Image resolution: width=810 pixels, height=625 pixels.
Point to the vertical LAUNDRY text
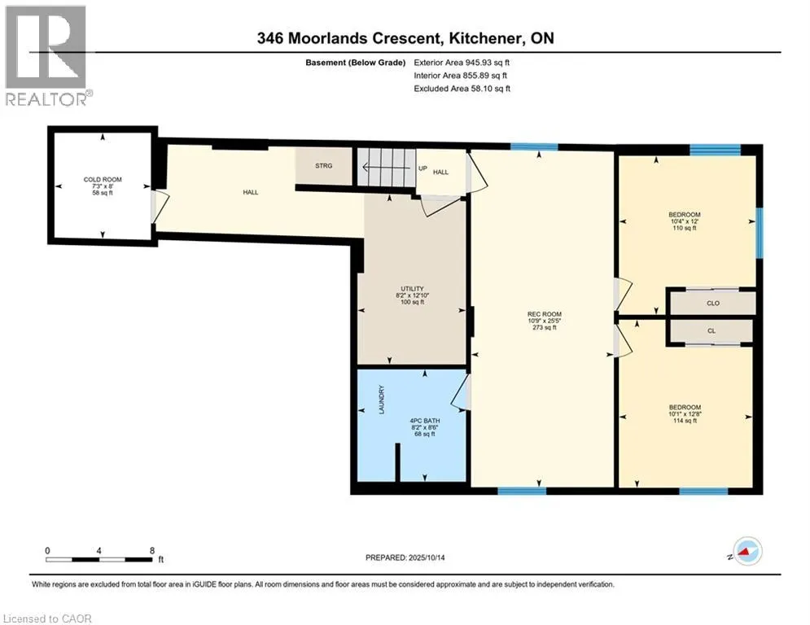tap(380, 400)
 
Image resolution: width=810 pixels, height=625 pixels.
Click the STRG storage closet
tap(324, 166)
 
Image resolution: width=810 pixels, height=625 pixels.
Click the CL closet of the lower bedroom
tap(711, 331)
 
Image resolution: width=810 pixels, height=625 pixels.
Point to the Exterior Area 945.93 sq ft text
tap(462, 62)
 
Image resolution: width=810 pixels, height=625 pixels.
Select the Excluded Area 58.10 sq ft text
tap(462, 89)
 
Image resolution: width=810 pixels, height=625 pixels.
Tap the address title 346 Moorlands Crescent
tap(405, 38)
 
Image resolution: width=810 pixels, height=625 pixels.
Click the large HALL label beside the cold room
tap(250, 192)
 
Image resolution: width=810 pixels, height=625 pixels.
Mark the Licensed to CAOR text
tap(47, 618)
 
